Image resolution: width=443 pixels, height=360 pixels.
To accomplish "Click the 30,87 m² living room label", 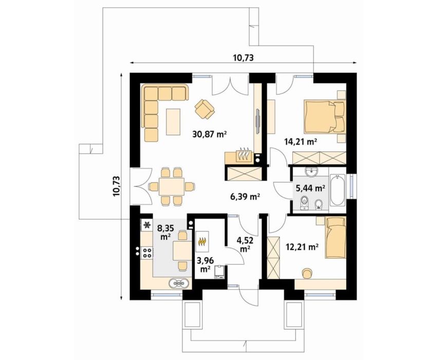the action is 210,134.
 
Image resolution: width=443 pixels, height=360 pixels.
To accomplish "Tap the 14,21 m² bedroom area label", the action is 300,141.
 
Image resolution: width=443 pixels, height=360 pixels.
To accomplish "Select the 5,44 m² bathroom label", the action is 310,188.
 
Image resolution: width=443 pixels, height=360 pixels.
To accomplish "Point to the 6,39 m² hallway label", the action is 245,196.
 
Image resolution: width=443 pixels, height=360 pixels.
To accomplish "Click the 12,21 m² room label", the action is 302,247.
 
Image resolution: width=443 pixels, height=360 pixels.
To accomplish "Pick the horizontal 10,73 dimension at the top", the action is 243,58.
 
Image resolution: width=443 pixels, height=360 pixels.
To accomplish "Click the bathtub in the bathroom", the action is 337,190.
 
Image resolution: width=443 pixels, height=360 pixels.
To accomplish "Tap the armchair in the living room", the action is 204,109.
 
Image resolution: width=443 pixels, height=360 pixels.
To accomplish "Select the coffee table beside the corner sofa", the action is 173,121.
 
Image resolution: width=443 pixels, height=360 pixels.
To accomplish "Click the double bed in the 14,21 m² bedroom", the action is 325,116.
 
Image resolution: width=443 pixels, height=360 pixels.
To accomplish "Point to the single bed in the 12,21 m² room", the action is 336,237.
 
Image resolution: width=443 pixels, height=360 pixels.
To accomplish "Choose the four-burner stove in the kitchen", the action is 147,253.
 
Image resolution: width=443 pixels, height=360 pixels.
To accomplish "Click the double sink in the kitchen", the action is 178,283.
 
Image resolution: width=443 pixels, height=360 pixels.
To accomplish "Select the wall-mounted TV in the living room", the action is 258,121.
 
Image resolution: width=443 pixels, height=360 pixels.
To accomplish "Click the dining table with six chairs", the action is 172,186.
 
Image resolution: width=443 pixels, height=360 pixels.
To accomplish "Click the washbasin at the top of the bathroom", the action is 311,171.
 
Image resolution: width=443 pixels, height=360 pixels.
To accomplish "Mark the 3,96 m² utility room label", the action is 206,265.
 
